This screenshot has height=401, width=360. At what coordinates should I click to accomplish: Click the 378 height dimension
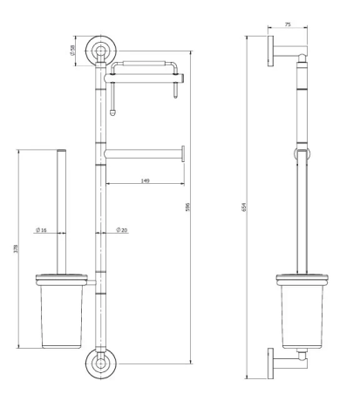pos(17,250)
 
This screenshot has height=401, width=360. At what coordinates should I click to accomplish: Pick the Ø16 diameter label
pos(41,230)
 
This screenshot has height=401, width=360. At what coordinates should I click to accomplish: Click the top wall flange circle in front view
pos(101,49)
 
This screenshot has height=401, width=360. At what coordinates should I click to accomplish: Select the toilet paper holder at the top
pos(148,65)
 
